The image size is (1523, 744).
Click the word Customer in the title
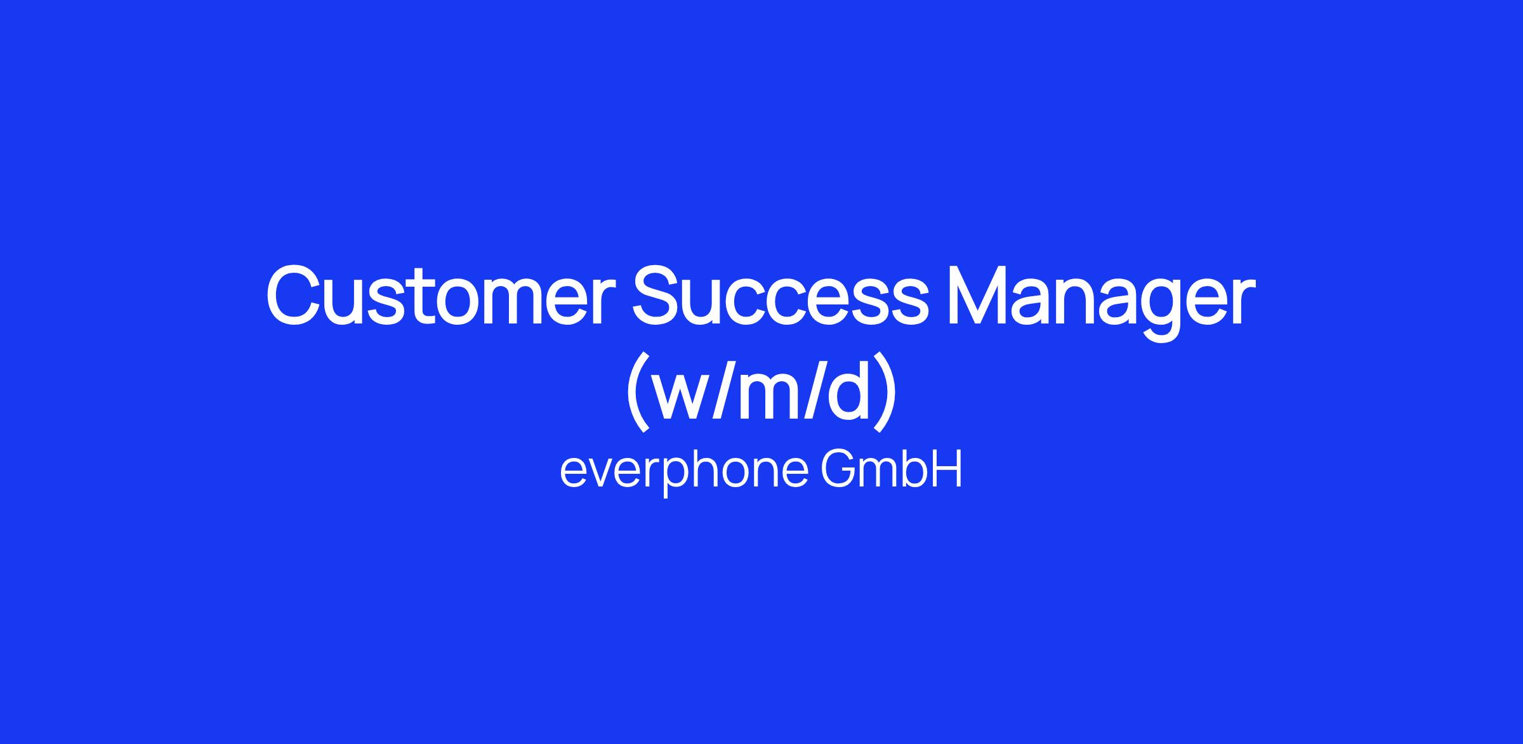pyautogui.click(x=442, y=294)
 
